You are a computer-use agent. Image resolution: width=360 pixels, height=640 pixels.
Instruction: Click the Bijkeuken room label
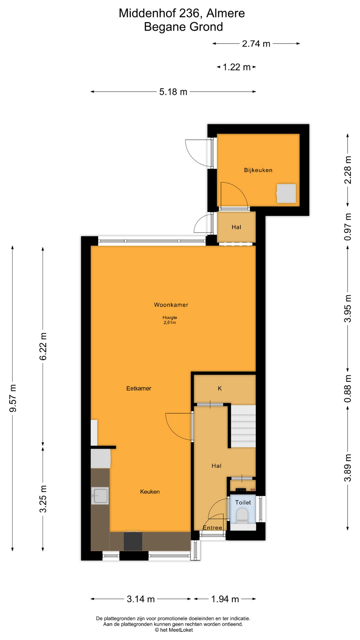(258, 170)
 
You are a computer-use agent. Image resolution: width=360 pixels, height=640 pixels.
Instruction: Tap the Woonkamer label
(171, 305)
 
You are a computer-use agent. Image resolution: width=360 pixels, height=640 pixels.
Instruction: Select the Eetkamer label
(139, 388)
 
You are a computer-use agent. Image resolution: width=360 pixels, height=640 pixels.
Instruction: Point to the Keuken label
(150, 492)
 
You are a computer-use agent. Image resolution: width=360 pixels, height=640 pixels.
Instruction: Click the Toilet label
(243, 502)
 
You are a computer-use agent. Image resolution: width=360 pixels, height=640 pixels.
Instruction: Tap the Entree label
(212, 528)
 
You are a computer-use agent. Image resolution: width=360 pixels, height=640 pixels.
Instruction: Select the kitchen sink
(100, 496)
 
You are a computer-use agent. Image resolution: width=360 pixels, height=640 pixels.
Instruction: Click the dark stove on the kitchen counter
(133, 541)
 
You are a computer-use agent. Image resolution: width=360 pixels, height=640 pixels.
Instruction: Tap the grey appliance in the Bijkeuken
(286, 193)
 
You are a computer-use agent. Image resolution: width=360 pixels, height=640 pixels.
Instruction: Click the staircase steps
(243, 426)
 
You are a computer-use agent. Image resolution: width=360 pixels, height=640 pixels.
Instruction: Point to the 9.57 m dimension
(13, 398)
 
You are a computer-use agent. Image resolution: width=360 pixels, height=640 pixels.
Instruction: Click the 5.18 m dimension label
(173, 92)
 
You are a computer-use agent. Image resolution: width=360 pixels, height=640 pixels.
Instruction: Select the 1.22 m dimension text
(236, 67)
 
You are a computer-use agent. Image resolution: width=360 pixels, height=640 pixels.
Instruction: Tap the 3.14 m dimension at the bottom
(141, 599)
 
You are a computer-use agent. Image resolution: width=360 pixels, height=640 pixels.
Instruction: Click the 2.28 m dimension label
(348, 170)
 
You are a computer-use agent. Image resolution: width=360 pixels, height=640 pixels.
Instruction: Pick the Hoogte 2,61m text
(170, 320)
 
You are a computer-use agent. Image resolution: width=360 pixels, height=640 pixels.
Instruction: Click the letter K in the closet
(220, 388)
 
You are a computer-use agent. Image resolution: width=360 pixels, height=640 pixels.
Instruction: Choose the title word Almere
(226, 13)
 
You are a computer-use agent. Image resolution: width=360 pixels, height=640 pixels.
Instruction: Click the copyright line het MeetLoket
(174, 630)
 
